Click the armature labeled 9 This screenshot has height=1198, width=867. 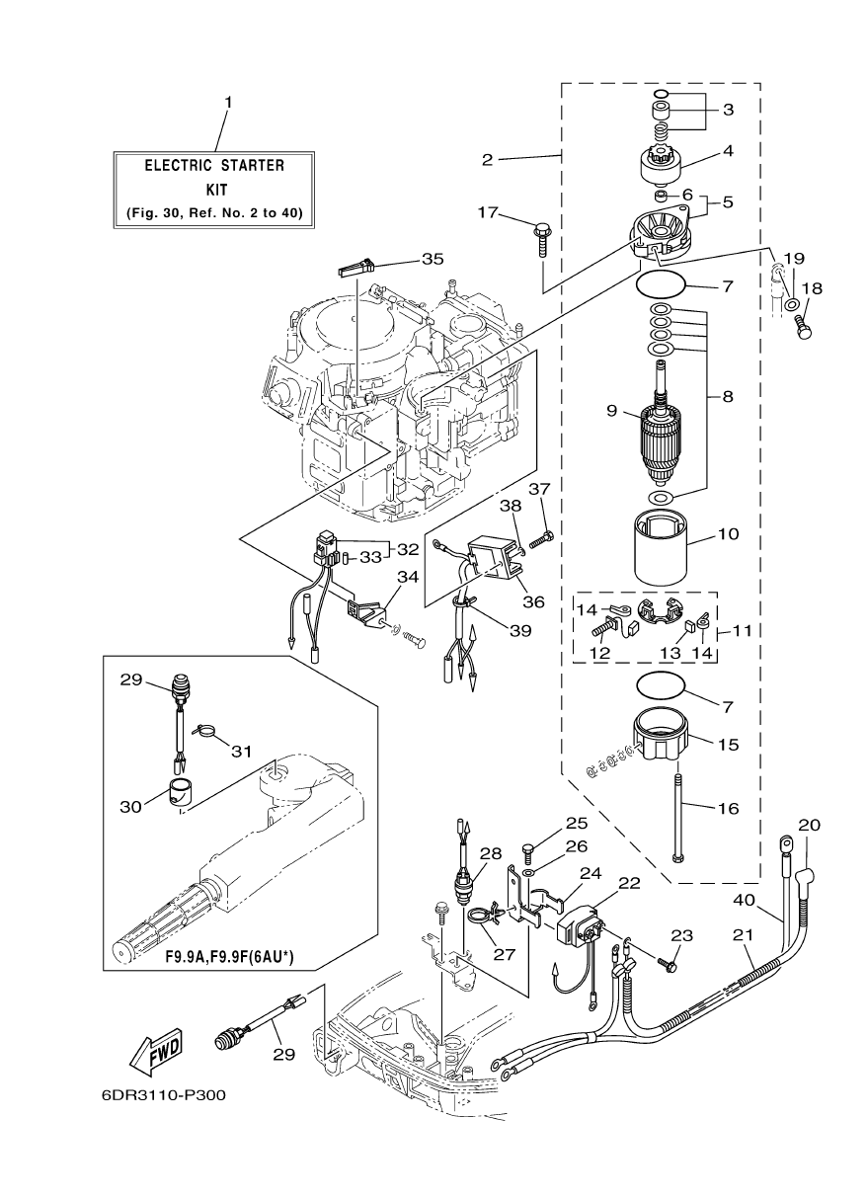coord(659,428)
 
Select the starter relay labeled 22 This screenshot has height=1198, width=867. coord(582,927)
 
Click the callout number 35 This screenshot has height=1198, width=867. coord(433,259)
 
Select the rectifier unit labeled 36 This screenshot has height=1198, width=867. coord(500,560)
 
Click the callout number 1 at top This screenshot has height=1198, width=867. coord(227,103)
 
